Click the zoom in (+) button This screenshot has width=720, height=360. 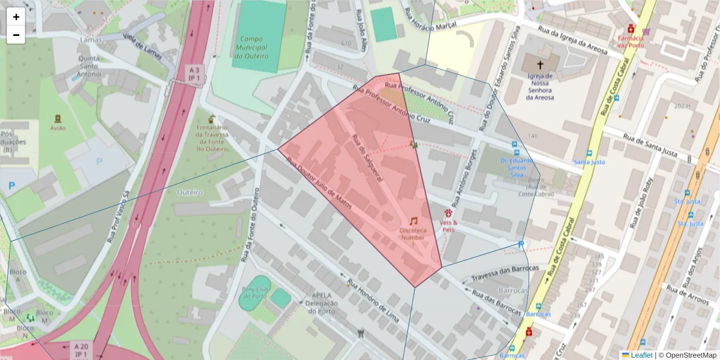click(x=16, y=17)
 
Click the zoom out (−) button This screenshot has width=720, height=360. click(x=16, y=35)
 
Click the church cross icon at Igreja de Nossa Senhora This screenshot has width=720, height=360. click(x=539, y=65)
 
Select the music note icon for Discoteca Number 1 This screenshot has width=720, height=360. click(x=413, y=221)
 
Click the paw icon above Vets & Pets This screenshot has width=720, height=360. click(x=448, y=213)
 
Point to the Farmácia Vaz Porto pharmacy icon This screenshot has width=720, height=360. click(x=631, y=29)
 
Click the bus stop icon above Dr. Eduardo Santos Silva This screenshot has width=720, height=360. click(x=515, y=145)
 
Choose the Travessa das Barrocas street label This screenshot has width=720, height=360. click(x=505, y=274)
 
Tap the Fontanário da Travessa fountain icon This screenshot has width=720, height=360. click(x=211, y=119)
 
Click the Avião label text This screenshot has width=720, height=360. click(x=58, y=128)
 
